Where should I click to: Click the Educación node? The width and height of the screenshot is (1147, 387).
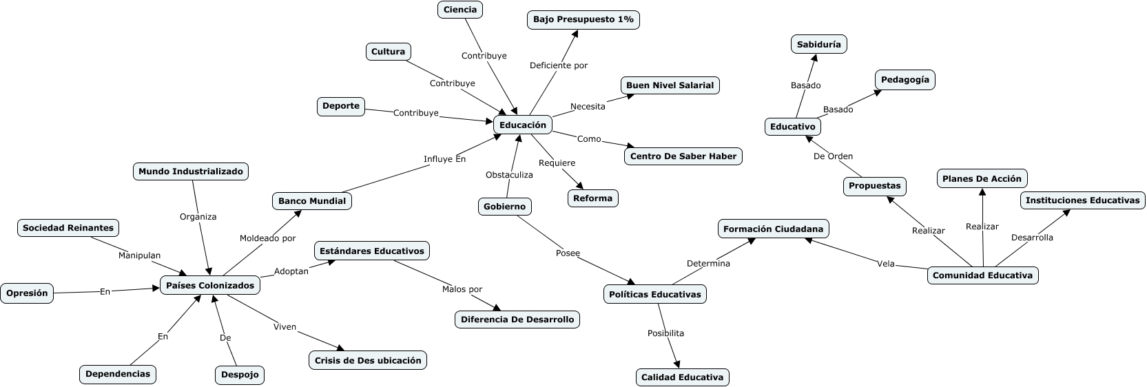(522, 125)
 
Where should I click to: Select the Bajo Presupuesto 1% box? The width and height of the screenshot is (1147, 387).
(583, 20)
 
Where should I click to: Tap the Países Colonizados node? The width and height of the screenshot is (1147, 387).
(210, 286)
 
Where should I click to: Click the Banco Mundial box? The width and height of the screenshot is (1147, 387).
(311, 202)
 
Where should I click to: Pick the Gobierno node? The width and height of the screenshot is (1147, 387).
(504, 207)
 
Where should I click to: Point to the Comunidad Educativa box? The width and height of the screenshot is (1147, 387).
(982, 275)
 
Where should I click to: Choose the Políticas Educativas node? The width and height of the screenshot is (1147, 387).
(654, 295)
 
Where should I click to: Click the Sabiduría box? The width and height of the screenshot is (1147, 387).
(818, 45)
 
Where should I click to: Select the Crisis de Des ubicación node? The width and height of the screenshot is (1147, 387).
(367, 361)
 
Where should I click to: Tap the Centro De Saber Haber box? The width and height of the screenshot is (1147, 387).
(683, 156)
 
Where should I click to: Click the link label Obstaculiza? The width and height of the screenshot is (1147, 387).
(509, 175)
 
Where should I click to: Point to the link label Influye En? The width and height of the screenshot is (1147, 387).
(444, 159)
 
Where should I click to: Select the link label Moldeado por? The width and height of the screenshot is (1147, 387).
(267, 238)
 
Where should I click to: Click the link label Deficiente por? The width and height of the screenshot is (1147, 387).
(558, 65)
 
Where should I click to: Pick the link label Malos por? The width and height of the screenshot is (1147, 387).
(462, 289)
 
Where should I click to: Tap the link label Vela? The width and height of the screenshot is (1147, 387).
(885, 264)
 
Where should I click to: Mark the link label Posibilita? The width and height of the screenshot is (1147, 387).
(665, 333)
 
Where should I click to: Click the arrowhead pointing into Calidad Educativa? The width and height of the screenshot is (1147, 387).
(677, 364)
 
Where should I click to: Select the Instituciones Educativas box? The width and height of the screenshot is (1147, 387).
(1082, 201)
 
